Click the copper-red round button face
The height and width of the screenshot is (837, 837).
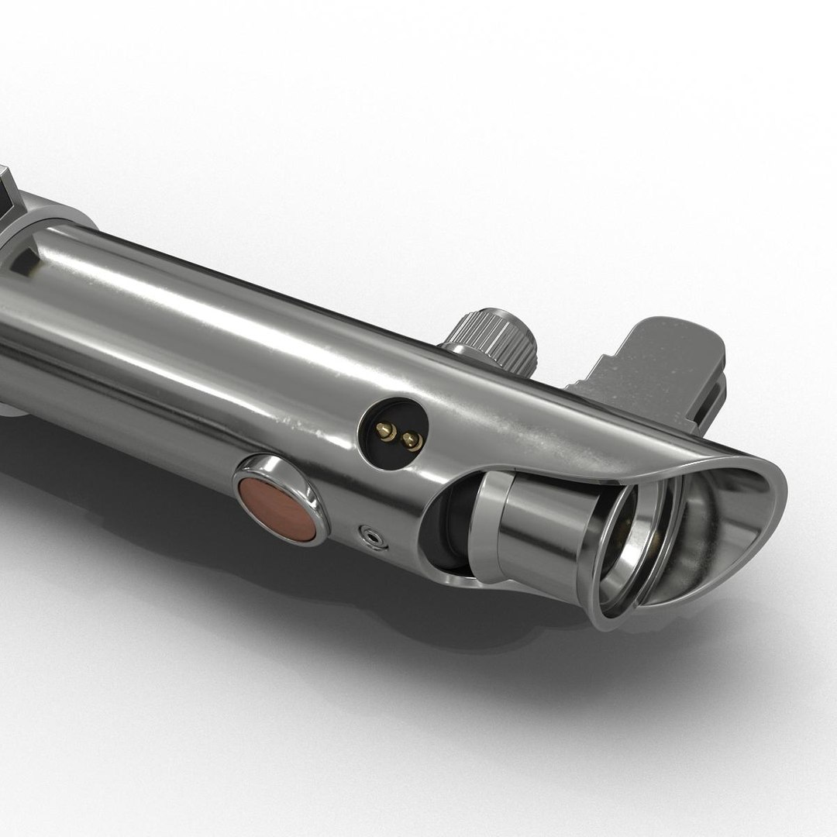pos(277,509)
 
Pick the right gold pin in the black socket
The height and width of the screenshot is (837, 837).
pos(412,441)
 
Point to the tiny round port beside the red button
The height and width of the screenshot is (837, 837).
pos(374,536)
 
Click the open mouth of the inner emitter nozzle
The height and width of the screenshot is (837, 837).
pos(620,535)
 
